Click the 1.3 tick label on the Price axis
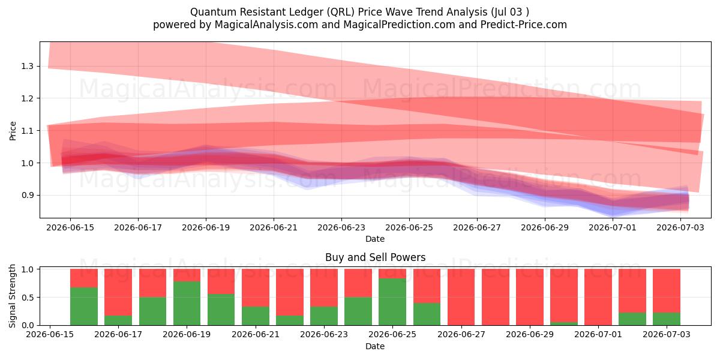27,66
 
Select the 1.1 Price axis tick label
27,131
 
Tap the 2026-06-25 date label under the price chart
409,227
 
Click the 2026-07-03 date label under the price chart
680,227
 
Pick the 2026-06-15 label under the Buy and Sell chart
50,334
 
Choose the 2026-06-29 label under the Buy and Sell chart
530,334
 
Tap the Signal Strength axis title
12,296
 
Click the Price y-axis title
13,131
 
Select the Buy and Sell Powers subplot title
375,257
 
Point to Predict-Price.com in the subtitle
524,25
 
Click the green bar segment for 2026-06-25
392,302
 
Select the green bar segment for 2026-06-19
187,304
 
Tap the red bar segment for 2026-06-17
118,292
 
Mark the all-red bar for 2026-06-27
461,297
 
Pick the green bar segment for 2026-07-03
667,319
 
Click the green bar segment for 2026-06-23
324,316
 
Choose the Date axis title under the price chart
375,239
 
